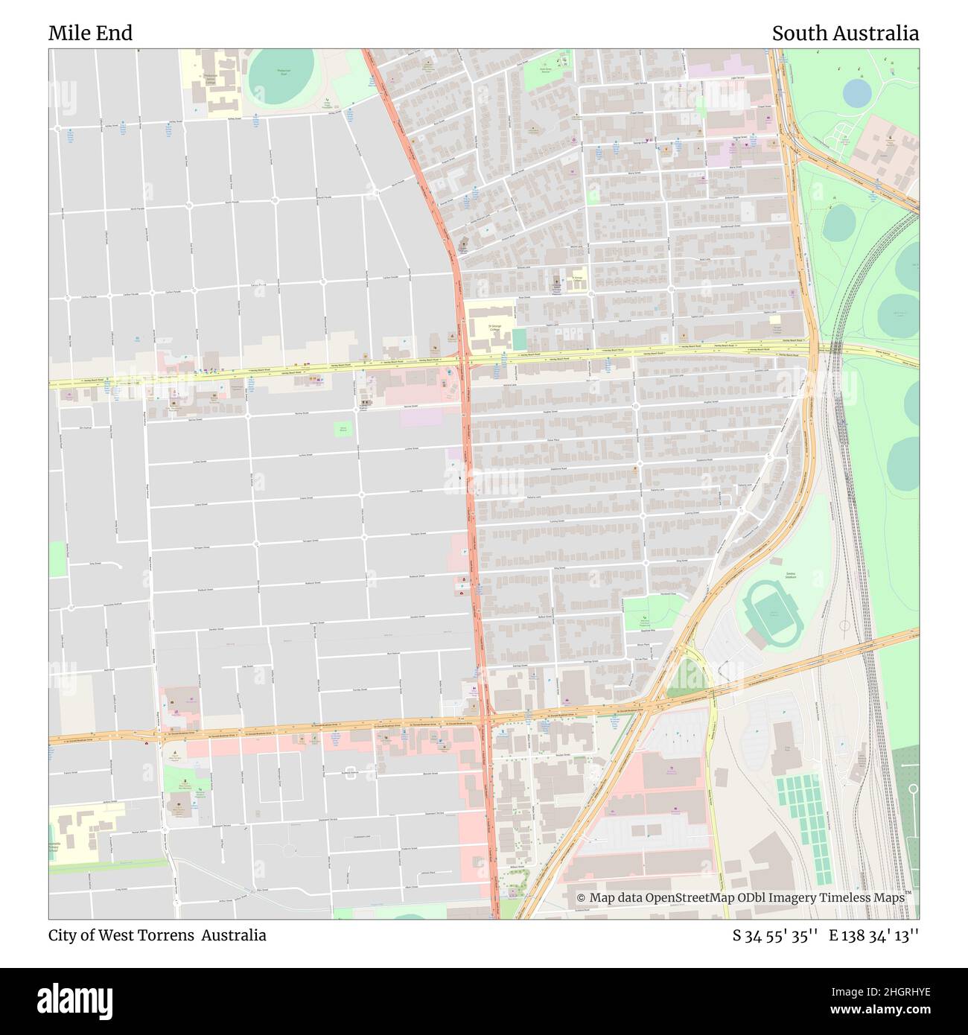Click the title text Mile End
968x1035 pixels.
click(x=90, y=34)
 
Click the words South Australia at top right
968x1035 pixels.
click(x=844, y=34)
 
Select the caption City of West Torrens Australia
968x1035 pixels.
click(x=157, y=935)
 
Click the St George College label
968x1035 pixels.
click(x=490, y=328)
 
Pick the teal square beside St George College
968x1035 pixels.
click(x=519, y=340)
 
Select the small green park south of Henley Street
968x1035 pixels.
click(x=343, y=429)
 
